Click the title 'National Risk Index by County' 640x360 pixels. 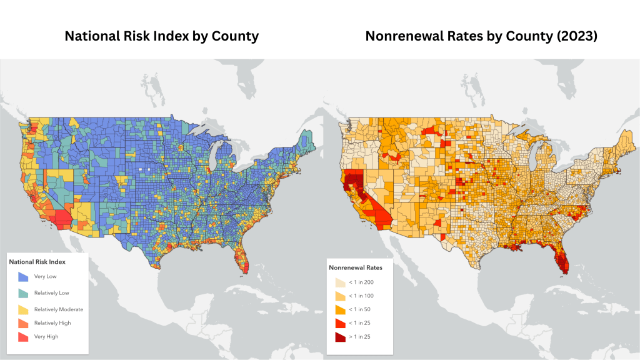[x=161, y=36]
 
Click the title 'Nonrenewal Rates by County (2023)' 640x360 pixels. [x=481, y=36]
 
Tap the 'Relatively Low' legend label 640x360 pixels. [x=51, y=292]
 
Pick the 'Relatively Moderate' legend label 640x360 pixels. [x=59, y=309]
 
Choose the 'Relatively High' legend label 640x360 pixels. [x=52, y=323]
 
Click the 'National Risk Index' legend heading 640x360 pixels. [x=37, y=262]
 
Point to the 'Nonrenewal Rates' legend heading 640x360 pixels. [x=356, y=267]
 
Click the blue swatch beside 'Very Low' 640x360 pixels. [x=23, y=276]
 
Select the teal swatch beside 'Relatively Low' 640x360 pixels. [x=23, y=292]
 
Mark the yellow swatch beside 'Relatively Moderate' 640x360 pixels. [x=23, y=309]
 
